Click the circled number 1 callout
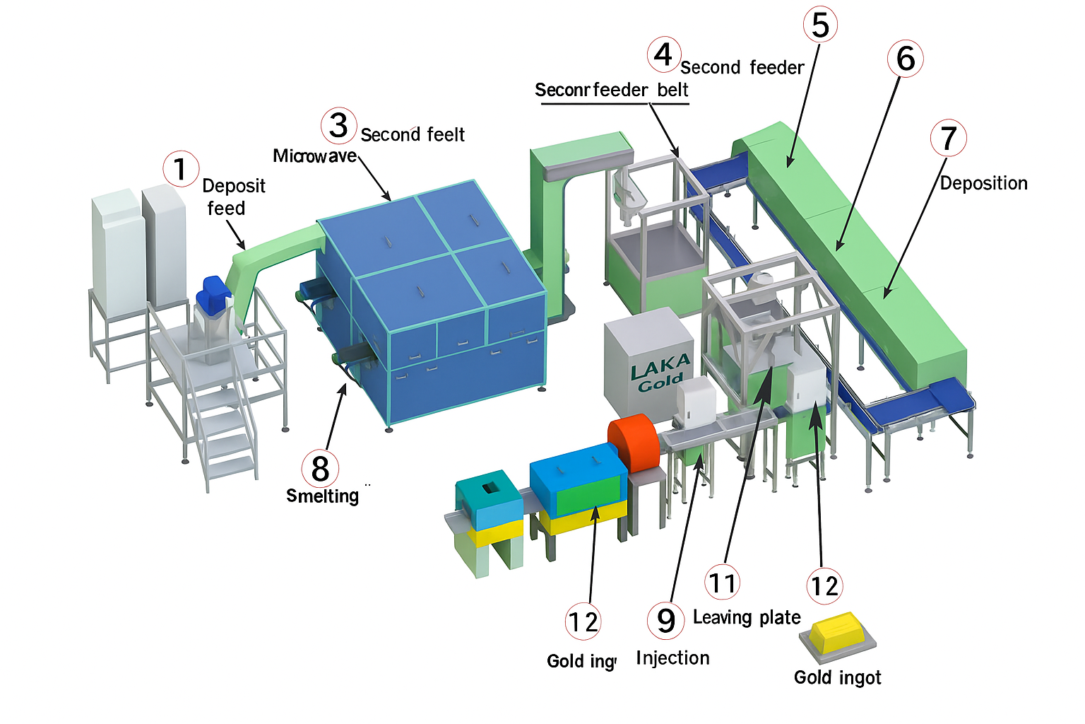(181, 169)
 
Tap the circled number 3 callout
(339, 125)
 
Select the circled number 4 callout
(663, 54)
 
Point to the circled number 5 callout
(820, 25)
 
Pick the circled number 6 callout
(905, 59)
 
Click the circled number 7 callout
(948, 138)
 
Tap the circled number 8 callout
(320, 468)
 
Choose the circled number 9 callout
(665, 620)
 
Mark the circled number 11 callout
(722, 583)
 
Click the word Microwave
(315, 156)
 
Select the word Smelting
(322, 496)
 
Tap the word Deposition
(983, 183)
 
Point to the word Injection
(672, 658)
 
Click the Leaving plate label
(747, 617)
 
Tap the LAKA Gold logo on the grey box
(660, 373)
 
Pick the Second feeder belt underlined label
(611, 90)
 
